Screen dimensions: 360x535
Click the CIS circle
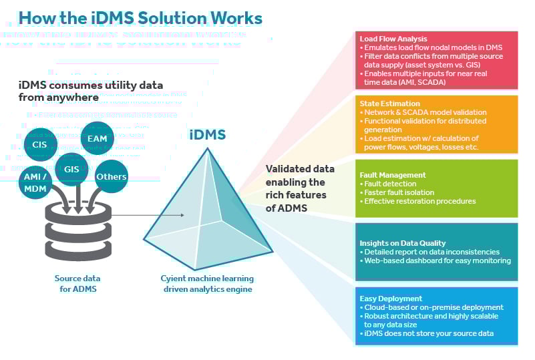(x=39, y=144)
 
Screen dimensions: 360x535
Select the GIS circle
(x=72, y=169)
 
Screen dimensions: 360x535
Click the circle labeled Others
(x=111, y=177)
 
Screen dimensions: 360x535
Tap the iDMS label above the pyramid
(x=207, y=135)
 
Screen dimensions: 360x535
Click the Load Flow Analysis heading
(x=393, y=39)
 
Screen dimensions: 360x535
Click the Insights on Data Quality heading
(x=402, y=242)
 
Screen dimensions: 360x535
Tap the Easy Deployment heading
(x=391, y=299)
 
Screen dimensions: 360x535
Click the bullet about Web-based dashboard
(x=437, y=260)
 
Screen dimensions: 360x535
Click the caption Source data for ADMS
(x=77, y=283)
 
